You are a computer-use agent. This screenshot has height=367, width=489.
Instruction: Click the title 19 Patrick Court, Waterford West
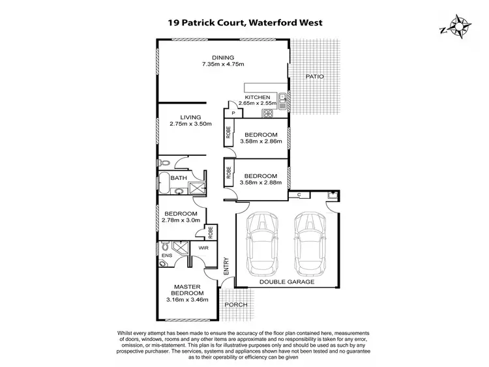click(x=244, y=22)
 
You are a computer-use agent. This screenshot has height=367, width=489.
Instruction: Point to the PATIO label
click(x=314, y=77)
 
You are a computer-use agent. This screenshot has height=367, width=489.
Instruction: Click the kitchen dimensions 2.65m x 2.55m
click(x=258, y=103)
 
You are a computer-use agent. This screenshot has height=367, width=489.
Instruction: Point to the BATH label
click(x=179, y=178)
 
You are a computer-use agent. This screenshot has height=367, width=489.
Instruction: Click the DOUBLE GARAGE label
click(x=288, y=282)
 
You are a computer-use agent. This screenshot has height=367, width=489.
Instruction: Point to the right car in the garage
click(x=310, y=242)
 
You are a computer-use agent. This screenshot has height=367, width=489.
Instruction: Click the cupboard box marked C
click(x=299, y=195)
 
